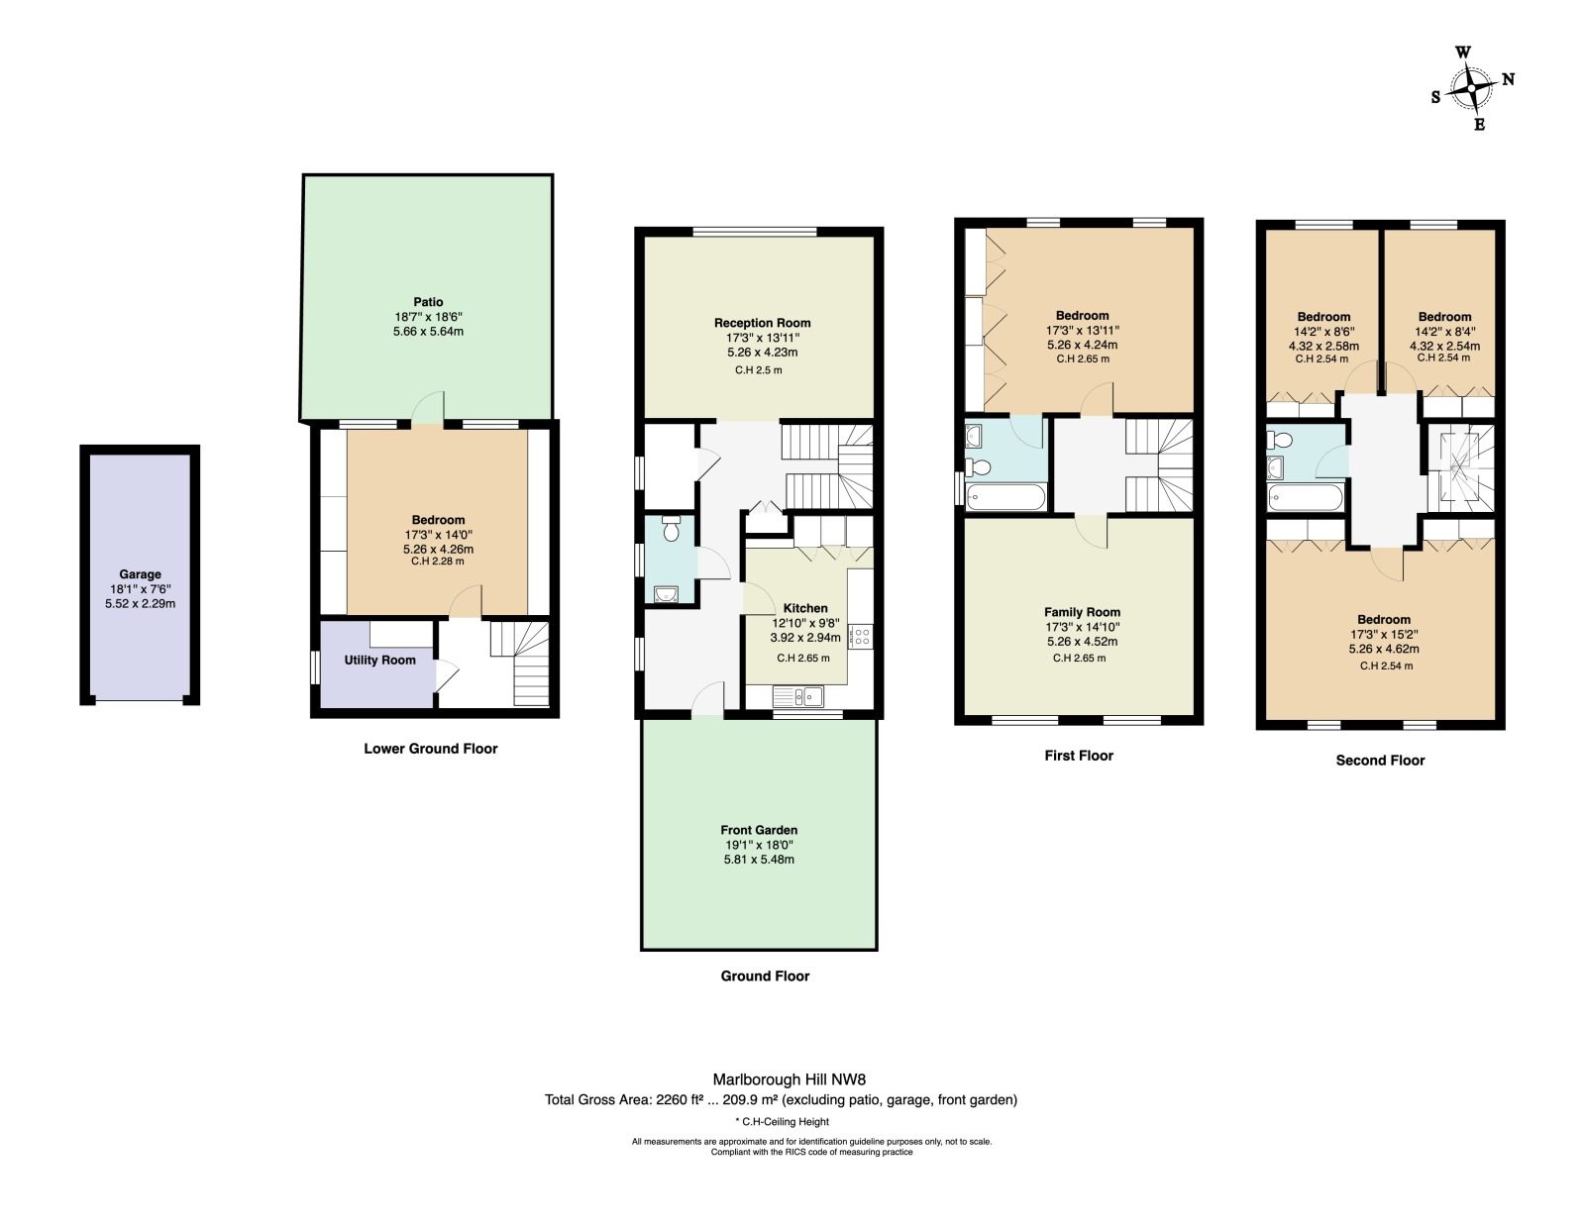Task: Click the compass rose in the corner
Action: pyautogui.click(x=1471, y=88)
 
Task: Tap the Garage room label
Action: pyautogui.click(x=140, y=574)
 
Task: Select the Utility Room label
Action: pyautogui.click(x=380, y=660)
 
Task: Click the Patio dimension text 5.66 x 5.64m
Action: pyautogui.click(x=428, y=331)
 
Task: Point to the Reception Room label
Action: pyautogui.click(x=762, y=323)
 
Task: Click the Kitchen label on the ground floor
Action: pyautogui.click(x=805, y=608)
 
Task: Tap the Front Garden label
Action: pyautogui.click(x=759, y=829)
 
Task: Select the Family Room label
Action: pyautogui.click(x=1082, y=612)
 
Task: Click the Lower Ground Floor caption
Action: pyautogui.click(x=430, y=749)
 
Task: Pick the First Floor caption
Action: pyautogui.click(x=1079, y=756)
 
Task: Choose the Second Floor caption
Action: pyautogui.click(x=1380, y=761)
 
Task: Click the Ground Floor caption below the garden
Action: pyautogui.click(x=765, y=975)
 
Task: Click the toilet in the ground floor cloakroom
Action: pyautogui.click(x=671, y=529)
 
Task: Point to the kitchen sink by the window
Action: pyautogui.click(x=798, y=697)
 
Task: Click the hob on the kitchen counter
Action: pyautogui.click(x=862, y=636)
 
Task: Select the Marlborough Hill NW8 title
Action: pyautogui.click(x=790, y=1079)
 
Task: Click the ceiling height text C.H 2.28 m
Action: pyautogui.click(x=438, y=562)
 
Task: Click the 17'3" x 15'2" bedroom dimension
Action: pyautogui.click(x=1384, y=634)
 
